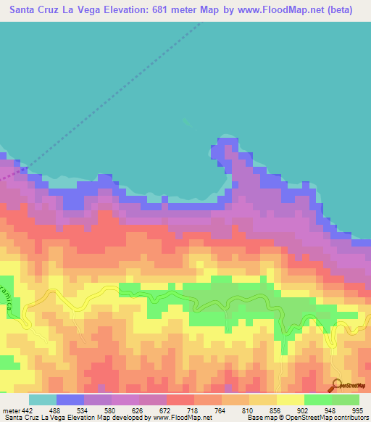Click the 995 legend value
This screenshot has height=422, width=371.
pos(357,391)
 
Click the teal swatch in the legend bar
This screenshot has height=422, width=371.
pos(43,400)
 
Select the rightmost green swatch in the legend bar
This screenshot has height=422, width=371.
pos(346,400)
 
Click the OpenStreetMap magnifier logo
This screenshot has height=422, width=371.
pos(337,385)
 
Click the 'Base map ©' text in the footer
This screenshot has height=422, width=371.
pos(261,417)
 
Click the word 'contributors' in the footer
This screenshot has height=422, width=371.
pos(347,417)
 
